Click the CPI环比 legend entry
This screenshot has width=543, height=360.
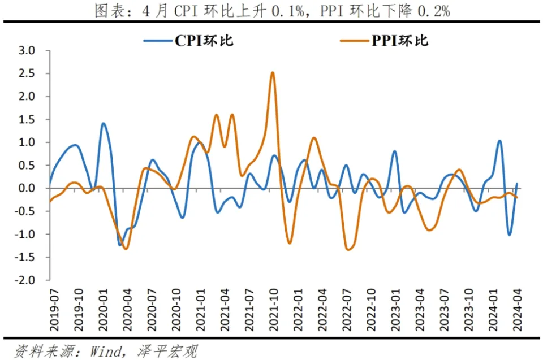click(x=189, y=41)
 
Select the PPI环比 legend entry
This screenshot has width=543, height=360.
click(x=385, y=41)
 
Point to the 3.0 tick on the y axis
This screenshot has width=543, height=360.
click(x=27, y=50)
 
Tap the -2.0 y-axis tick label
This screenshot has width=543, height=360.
click(x=24, y=280)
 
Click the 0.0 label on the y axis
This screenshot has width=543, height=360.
click(x=27, y=188)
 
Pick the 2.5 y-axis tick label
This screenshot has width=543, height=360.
click(x=27, y=73)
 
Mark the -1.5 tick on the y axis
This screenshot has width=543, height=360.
click(x=24, y=257)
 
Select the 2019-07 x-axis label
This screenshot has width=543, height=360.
click(x=54, y=310)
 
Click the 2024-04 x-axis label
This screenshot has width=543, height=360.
click(x=517, y=310)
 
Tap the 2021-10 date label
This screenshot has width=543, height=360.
click(x=274, y=310)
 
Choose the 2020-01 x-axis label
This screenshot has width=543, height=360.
click(x=103, y=310)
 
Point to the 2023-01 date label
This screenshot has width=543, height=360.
click(x=395, y=310)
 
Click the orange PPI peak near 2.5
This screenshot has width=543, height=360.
click(x=273, y=73)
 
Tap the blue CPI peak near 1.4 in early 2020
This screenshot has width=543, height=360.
click(x=103, y=124)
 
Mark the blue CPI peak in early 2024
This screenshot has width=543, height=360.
click(x=499, y=141)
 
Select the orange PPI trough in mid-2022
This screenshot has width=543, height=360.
click(x=348, y=249)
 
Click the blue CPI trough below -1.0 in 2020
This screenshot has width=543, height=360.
click(x=120, y=245)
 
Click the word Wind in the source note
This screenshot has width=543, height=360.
click(x=106, y=352)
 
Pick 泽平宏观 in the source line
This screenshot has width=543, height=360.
click(x=167, y=352)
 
